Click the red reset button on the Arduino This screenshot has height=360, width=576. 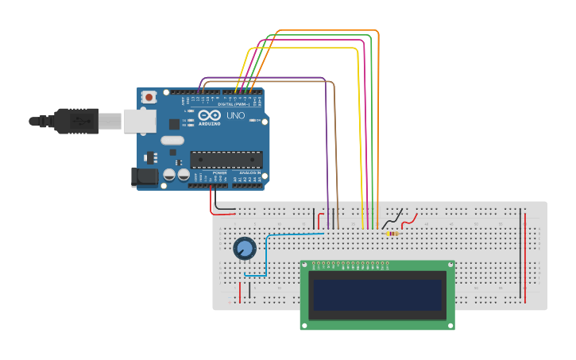pyautogui.click(x=148, y=97)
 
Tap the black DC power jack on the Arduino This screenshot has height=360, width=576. pyautogui.click(x=143, y=177)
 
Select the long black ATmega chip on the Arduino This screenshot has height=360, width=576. pyautogui.click(x=226, y=159)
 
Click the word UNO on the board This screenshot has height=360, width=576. pyautogui.click(x=236, y=116)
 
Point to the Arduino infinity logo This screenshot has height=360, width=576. pyautogui.click(x=210, y=115)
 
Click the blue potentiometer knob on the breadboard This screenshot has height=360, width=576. pyautogui.click(x=245, y=249)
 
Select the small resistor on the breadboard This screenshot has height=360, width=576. pyautogui.click(x=391, y=234)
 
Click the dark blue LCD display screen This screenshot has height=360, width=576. pyautogui.click(x=377, y=295)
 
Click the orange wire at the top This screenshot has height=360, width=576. pyautogui.click(x=326, y=30)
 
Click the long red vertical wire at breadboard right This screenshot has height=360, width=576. pyautogui.click(x=525, y=254)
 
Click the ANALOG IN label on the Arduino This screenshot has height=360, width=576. pyautogui.click(x=249, y=172)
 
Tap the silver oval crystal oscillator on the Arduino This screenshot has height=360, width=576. pyautogui.click(x=172, y=141)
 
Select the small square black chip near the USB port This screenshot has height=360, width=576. pyautogui.click(x=174, y=124)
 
